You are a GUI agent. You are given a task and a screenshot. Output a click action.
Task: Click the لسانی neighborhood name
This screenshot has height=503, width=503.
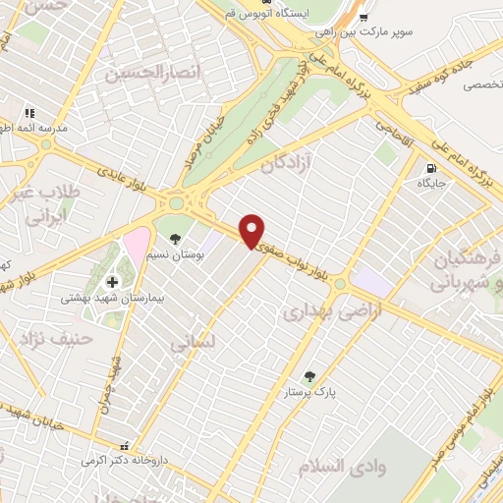(188, 345)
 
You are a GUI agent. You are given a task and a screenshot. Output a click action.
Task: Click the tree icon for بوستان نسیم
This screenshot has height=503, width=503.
(175, 238)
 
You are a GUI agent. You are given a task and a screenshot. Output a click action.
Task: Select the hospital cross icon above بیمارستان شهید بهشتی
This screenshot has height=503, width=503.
(111, 282)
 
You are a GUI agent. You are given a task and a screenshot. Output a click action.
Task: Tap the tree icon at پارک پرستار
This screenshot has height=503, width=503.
(310, 376)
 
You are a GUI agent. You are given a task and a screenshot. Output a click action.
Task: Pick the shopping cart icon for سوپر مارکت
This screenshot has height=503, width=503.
(363, 17)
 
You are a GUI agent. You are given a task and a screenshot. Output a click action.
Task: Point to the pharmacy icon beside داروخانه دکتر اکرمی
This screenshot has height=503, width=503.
(123, 444)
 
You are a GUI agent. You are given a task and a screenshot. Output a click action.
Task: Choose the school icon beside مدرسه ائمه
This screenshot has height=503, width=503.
(29, 114)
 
